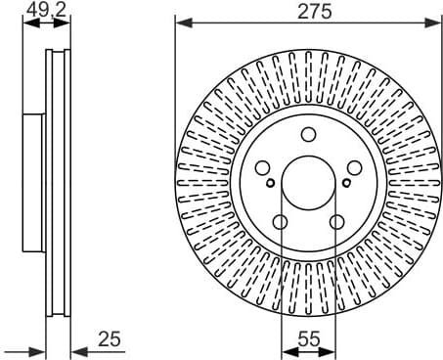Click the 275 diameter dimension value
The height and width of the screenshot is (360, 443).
coord(308,12)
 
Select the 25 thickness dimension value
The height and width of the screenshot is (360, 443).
coord(109,338)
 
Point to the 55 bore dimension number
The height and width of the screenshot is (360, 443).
coord(308,338)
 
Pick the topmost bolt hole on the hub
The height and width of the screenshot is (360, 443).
coord(308,135)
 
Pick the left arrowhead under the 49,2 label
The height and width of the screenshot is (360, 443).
coord(28,23)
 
